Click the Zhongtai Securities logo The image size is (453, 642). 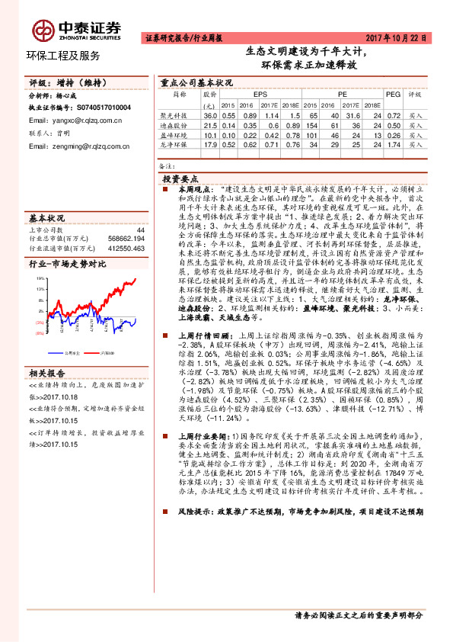click(76, 30)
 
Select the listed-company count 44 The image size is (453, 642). click(140, 228)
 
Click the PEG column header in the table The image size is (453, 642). click(393, 95)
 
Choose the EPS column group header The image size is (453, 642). click(249, 95)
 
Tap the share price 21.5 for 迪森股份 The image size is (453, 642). click(210, 124)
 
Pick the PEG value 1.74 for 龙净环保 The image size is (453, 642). click(394, 143)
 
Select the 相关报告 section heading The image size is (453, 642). click(49, 373)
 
